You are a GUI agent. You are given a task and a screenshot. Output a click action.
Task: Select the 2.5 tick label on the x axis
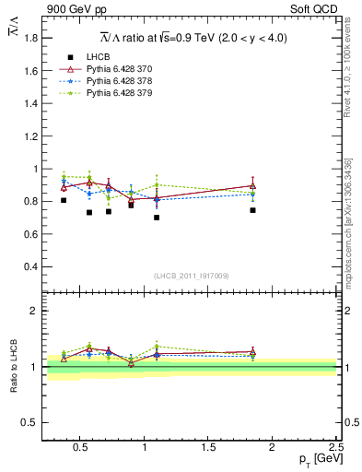coord(335,448)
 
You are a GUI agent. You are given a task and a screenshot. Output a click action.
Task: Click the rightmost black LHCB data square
coord(252,210)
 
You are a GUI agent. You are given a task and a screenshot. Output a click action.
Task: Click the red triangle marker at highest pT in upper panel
coord(252,185)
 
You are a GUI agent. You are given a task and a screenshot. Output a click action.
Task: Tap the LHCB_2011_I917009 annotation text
coord(192,276)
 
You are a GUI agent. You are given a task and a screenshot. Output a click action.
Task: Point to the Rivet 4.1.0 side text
coord(354,69)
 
